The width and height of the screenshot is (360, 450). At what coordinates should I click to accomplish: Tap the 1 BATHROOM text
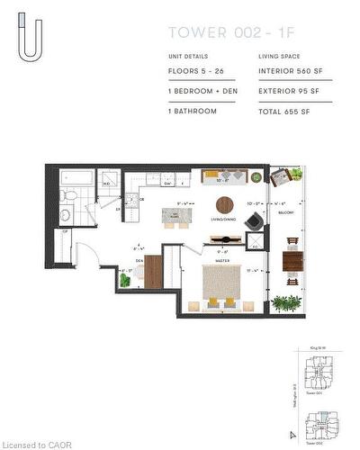[x=193, y=112]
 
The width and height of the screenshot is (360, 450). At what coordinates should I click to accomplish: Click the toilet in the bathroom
[x=67, y=195]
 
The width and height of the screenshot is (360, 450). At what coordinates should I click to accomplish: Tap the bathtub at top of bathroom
[x=72, y=177]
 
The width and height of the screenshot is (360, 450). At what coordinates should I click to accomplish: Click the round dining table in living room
[x=223, y=203]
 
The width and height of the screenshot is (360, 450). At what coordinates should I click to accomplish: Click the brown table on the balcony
[x=292, y=262]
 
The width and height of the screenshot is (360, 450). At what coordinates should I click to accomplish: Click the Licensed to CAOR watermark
[x=36, y=443]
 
